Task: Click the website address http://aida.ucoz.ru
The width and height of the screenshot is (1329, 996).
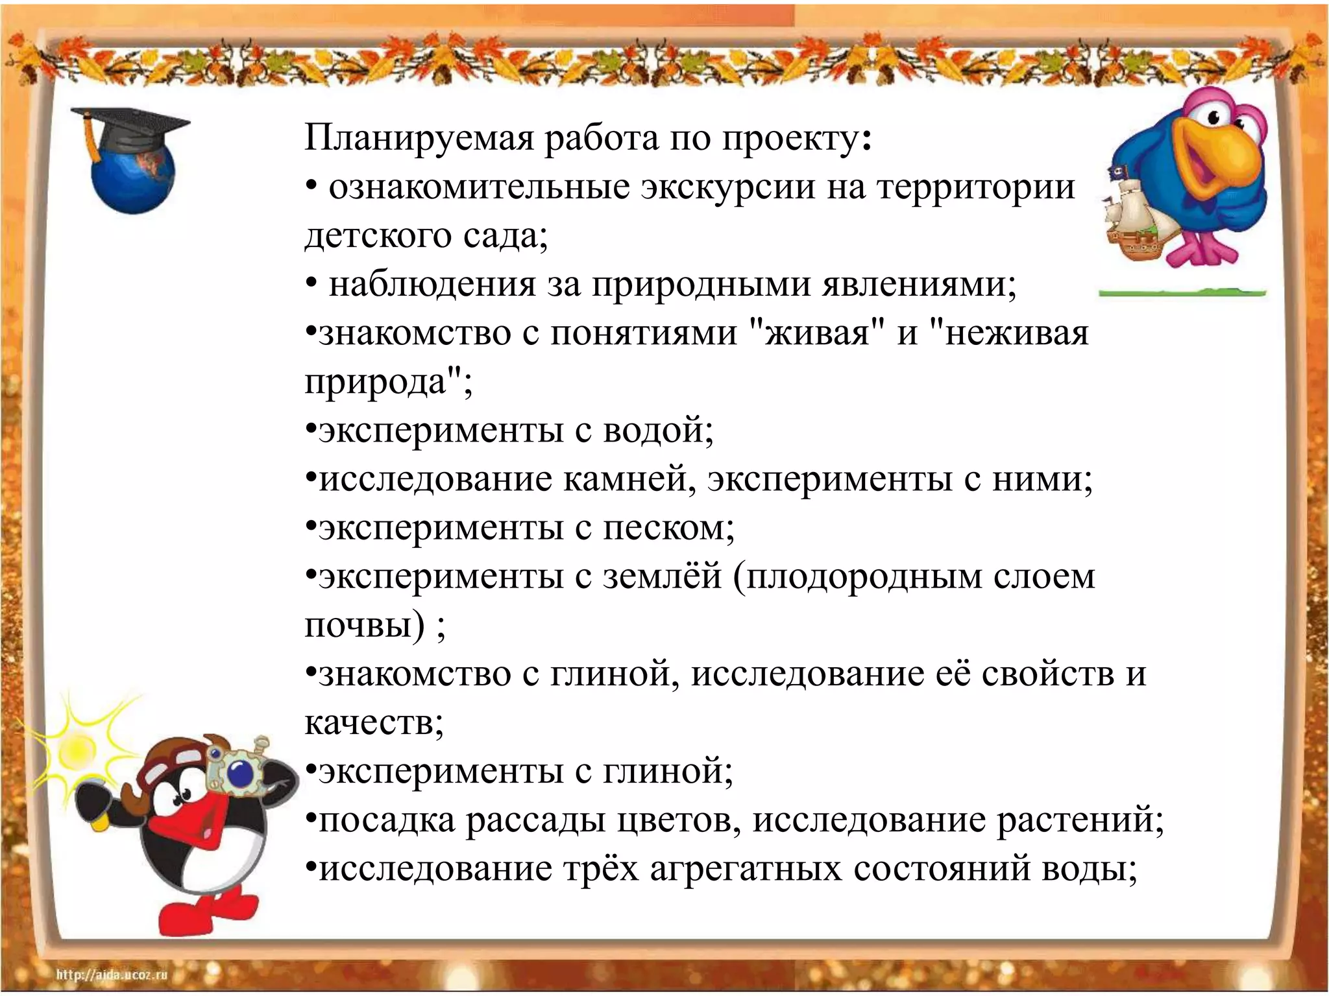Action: (112, 975)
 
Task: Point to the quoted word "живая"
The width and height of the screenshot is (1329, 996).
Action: (817, 333)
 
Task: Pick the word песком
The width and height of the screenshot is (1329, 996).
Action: (668, 528)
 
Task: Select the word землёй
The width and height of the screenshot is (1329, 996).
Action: (662, 576)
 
